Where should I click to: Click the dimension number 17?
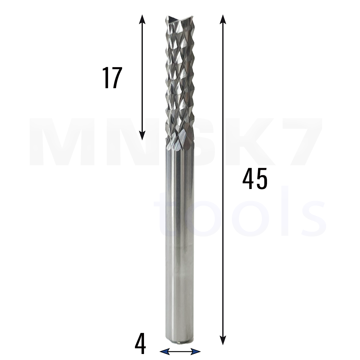(x=112, y=78)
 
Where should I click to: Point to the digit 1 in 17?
(x=106, y=78)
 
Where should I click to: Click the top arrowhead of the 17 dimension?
(x=142, y=19)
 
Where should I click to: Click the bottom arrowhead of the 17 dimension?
(x=142, y=135)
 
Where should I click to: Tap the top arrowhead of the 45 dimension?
(x=223, y=19)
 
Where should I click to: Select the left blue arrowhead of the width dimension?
(x=165, y=351)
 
